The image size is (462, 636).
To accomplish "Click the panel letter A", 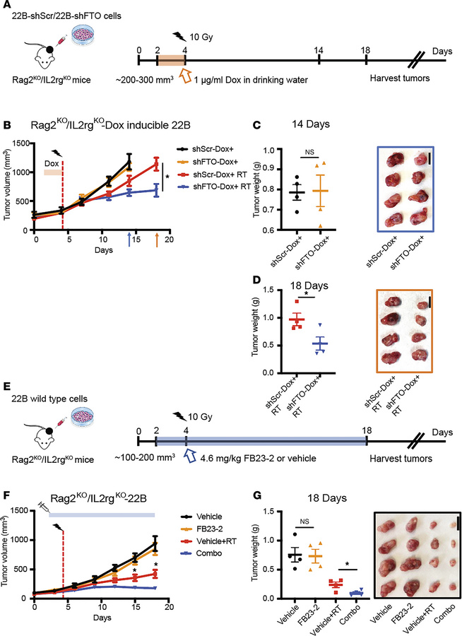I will [x=7, y=7].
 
